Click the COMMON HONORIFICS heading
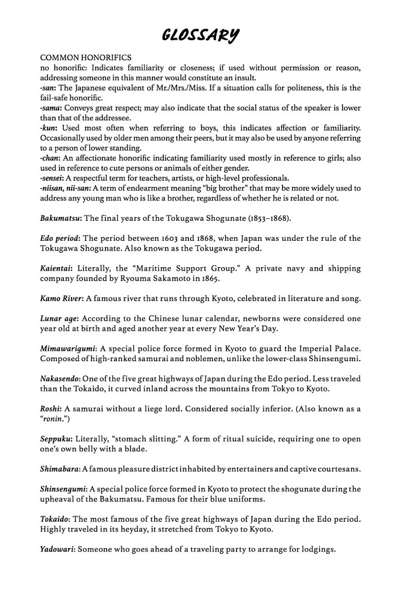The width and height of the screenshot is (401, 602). [x=86, y=58]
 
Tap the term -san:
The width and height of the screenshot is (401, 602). [x=50, y=88]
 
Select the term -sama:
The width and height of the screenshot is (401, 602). [x=53, y=108]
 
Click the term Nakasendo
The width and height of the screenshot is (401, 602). [x=61, y=378]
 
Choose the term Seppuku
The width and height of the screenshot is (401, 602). [x=56, y=439]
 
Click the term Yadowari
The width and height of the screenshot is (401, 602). [x=57, y=549]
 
